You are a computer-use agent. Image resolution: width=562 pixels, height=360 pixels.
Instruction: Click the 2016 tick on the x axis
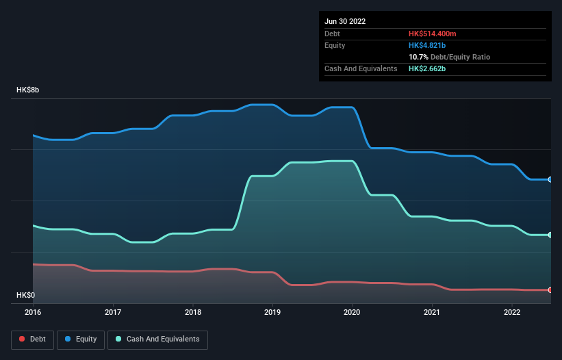33,312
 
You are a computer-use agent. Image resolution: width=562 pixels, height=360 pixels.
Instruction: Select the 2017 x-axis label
113,312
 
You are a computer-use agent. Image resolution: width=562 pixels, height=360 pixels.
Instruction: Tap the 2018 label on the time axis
193,312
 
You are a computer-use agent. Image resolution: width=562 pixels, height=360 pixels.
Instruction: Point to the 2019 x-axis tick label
272,312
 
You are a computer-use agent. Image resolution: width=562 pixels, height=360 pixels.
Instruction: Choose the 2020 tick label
353,312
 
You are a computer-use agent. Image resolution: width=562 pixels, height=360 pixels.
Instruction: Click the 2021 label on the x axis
432,312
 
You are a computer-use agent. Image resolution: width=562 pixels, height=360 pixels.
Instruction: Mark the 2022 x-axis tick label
512,312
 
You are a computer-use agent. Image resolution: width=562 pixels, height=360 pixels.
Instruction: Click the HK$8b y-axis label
28,90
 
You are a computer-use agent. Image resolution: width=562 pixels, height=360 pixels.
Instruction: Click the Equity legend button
81,339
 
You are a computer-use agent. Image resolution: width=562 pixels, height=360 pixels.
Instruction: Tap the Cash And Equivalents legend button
157,339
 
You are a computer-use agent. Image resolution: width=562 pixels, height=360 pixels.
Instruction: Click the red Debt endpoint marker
550,290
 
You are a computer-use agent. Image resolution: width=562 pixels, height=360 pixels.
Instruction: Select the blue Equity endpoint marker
550,179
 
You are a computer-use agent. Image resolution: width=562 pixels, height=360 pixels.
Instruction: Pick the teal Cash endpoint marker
550,235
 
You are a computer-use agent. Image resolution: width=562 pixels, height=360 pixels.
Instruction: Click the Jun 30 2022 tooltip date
345,21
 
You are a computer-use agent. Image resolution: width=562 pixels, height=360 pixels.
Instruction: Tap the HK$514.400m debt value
433,34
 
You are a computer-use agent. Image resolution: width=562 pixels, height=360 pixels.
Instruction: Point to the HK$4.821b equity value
426,45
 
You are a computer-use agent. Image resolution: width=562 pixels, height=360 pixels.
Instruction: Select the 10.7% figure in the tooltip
419,57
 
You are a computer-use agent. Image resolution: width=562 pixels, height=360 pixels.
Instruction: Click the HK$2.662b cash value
426,69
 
